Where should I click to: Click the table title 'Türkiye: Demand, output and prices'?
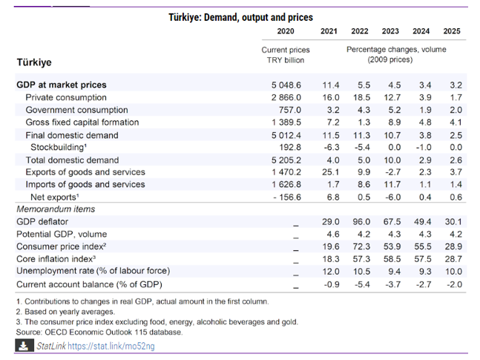point(240,18)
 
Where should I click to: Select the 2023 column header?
point(390,31)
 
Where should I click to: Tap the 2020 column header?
point(286,31)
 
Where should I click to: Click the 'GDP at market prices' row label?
point(62,85)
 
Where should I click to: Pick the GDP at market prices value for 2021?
point(331,85)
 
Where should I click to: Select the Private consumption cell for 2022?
point(361,97)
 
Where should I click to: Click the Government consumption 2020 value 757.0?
point(290,110)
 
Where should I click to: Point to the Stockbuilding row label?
point(59,148)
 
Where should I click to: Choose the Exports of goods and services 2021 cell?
point(331,172)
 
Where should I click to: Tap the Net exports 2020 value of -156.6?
point(287,197)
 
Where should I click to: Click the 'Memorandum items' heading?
point(56,209)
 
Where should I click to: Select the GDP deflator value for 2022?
point(361,221)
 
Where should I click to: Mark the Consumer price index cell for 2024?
point(423,246)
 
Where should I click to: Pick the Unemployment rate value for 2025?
point(453,272)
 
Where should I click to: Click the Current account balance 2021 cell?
point(332,284)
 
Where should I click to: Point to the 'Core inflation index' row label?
point(56,259)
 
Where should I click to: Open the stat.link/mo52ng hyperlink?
point(111,346)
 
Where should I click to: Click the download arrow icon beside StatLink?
point(24,346)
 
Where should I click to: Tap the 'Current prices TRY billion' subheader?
point(286,55)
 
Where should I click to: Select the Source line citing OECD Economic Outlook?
point(99,332)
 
